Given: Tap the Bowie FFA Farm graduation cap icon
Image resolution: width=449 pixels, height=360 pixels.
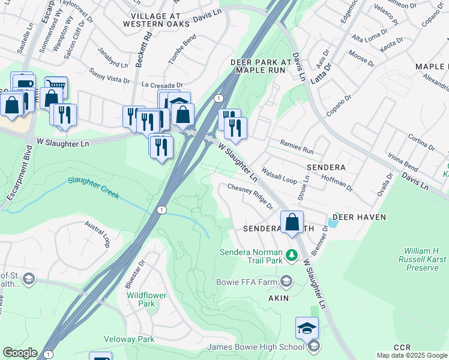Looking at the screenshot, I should pos(286,281).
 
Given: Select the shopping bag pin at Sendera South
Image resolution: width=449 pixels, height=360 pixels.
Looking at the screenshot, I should pos(292,222).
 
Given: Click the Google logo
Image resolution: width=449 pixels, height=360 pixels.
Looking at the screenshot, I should pos(20,353).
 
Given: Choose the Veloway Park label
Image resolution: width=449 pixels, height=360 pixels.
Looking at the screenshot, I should pos(129,340).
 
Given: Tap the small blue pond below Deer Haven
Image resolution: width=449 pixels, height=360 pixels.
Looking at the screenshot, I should pos(333,224).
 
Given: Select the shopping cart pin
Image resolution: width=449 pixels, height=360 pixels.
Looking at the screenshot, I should pos(56,86).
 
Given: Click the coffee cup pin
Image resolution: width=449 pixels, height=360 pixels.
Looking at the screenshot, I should pos(23,83).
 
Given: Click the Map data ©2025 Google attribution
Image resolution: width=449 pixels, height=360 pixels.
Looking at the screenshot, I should pos(411,355).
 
